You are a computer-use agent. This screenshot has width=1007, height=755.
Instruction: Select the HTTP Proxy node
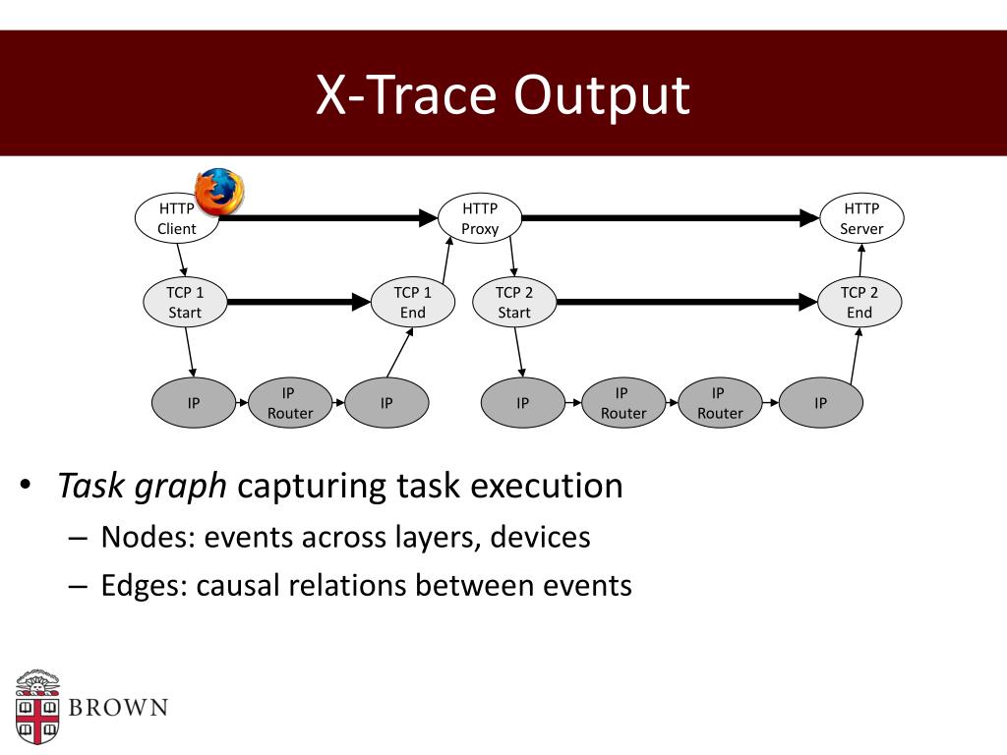480,218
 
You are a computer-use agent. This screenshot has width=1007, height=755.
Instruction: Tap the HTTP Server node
861,218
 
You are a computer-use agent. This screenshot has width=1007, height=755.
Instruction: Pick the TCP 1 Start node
184,303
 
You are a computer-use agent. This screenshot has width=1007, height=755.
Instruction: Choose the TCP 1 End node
413,303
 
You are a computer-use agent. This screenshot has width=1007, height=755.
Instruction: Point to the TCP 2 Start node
513,303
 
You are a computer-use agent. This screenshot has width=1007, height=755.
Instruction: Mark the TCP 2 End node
859,303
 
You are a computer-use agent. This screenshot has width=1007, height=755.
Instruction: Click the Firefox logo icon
219,191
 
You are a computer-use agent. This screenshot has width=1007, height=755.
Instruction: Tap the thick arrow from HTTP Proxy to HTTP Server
669,218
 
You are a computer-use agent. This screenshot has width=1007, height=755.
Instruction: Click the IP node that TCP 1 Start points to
194,403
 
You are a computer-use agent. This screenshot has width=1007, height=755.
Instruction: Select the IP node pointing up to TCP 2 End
820,403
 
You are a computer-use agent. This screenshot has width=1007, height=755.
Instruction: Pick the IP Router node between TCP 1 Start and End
289,403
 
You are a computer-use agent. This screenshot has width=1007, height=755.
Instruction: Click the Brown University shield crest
37,708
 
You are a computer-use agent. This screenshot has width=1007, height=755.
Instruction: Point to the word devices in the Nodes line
540,538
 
